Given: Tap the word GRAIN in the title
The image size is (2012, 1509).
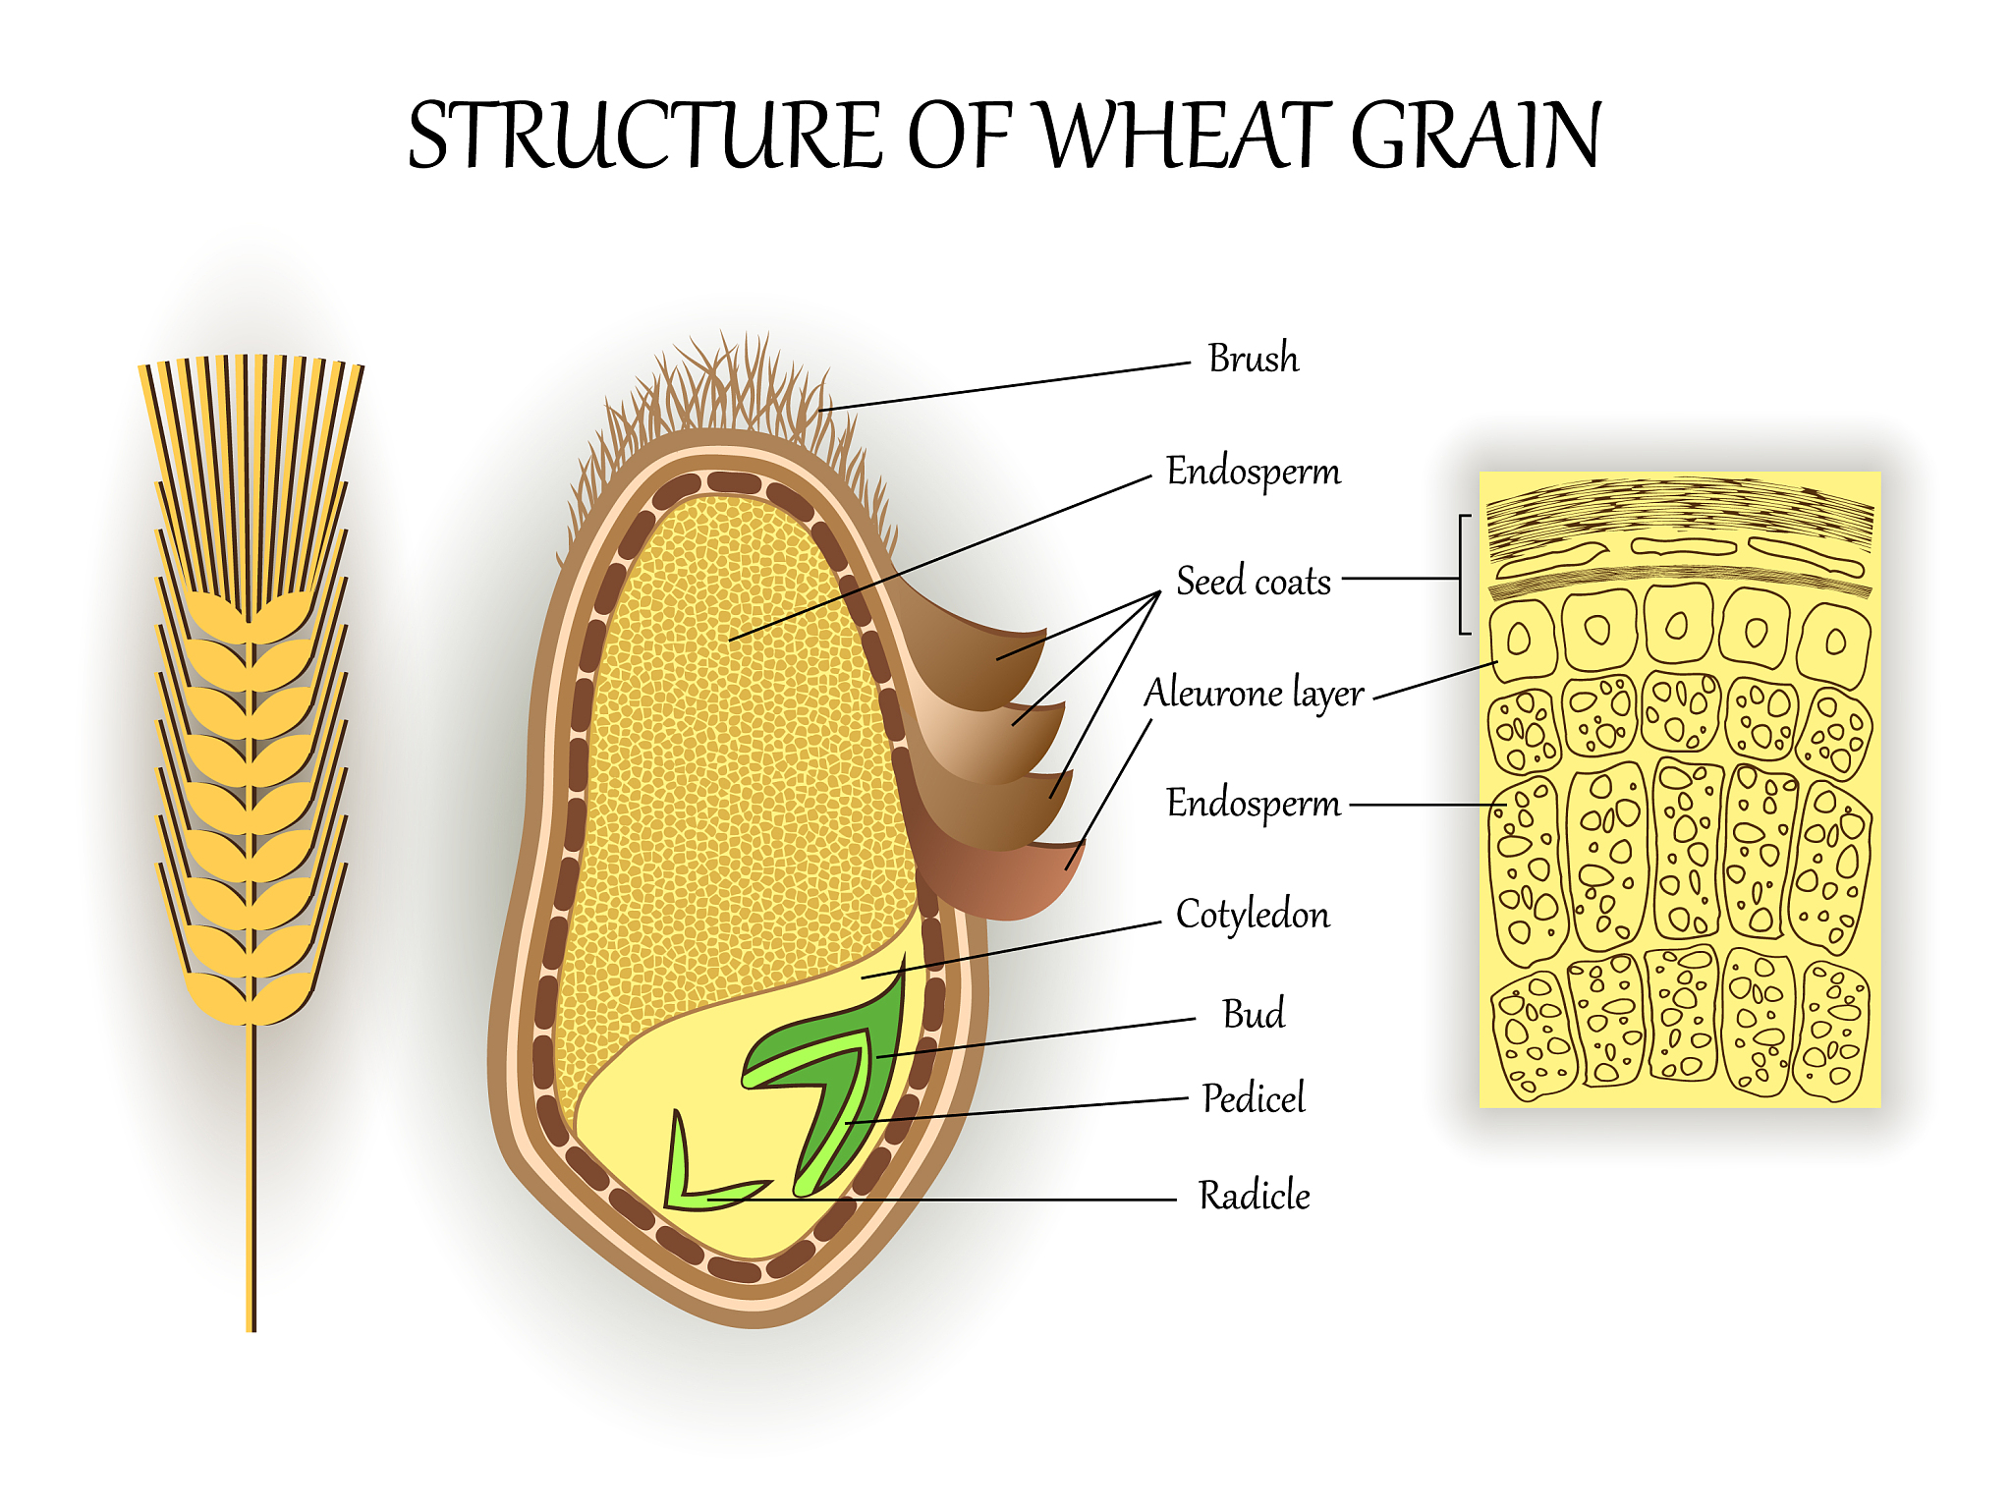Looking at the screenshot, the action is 1477,135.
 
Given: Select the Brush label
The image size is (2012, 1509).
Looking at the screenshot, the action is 1253,359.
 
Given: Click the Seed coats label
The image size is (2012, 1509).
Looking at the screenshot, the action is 1254,582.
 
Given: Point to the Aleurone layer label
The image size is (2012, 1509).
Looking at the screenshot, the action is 1254,694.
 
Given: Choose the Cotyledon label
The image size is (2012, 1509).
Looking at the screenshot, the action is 1253,915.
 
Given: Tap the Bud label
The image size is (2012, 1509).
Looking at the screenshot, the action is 1253,1014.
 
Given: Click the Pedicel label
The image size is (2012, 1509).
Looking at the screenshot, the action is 1254,1098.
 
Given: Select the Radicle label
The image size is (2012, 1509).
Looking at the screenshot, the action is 1254,1196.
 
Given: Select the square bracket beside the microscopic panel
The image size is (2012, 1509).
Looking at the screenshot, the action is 1464,575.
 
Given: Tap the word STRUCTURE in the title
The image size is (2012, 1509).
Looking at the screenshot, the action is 644,135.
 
